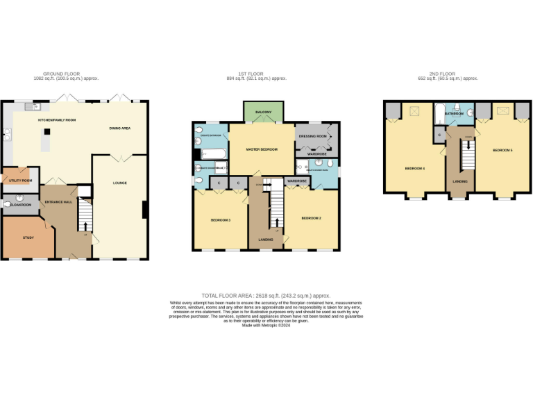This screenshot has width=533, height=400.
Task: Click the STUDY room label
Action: coord(28,238)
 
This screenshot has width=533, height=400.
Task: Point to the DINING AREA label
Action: coord(120,128)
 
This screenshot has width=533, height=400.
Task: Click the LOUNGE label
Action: coord(120,182)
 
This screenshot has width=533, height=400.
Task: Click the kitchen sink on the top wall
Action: coord(31,106)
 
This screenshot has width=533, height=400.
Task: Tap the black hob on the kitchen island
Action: coord(47,131)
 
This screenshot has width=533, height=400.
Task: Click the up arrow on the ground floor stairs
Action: coord(86,226)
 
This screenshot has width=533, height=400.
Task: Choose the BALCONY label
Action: coord(263,112)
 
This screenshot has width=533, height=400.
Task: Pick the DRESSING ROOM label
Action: coord(313,137)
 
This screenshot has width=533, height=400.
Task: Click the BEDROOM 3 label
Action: coord(220,220)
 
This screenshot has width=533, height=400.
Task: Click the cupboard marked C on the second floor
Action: coord(439,134)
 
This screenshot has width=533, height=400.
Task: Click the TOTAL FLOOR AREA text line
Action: coord(266,296)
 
